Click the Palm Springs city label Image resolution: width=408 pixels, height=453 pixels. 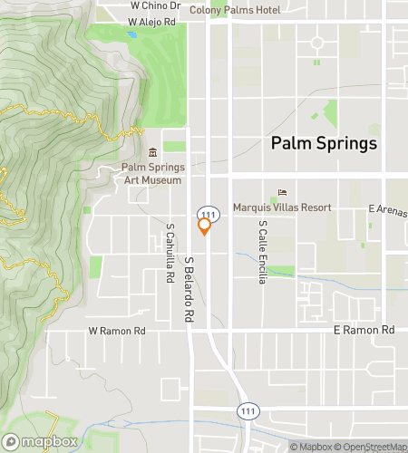tap(324, 144)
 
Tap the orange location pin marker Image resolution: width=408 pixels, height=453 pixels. tap(205, 226)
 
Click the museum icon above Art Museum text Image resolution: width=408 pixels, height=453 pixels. tap(152, 152)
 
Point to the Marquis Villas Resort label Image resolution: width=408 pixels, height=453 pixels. tap(282, 207)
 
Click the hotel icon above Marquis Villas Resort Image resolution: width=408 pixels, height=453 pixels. tap(281, 192)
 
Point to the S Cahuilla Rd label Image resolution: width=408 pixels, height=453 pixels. tap(170, 254)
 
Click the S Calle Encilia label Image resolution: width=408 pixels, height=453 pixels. tap(261, 251)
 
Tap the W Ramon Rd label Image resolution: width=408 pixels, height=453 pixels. tap(116, 332)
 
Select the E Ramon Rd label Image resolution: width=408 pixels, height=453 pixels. tap(364, 330)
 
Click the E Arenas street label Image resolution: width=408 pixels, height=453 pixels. tap(387, 209)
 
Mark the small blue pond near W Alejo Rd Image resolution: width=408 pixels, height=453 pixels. tap(132, 35)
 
